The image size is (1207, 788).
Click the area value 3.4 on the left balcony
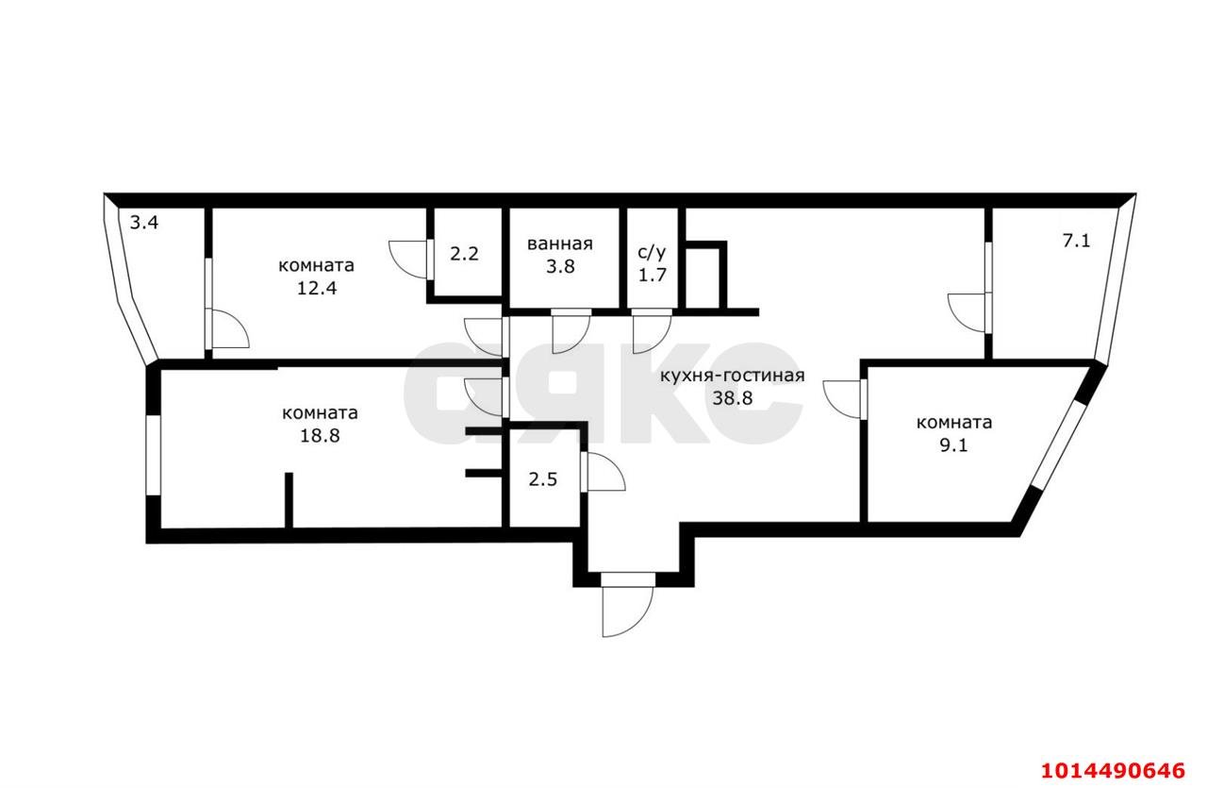pos(144,224)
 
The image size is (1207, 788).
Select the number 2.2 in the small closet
pos(464,254)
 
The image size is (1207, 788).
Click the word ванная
pos(560,243)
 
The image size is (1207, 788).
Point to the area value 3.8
pos(560,266)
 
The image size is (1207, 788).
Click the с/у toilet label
pos(652,252)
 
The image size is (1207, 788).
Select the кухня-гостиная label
pos(732,376)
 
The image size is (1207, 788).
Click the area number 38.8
pos(732,397)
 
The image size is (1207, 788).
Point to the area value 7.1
pos(1076,241)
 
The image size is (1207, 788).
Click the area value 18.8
pos(320,435)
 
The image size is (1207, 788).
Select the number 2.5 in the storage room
pos(542,478)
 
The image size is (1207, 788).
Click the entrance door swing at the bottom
pos(625,607)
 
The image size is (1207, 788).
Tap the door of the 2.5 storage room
pos(603,471)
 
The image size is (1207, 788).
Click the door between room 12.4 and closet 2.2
pos(408,256)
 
